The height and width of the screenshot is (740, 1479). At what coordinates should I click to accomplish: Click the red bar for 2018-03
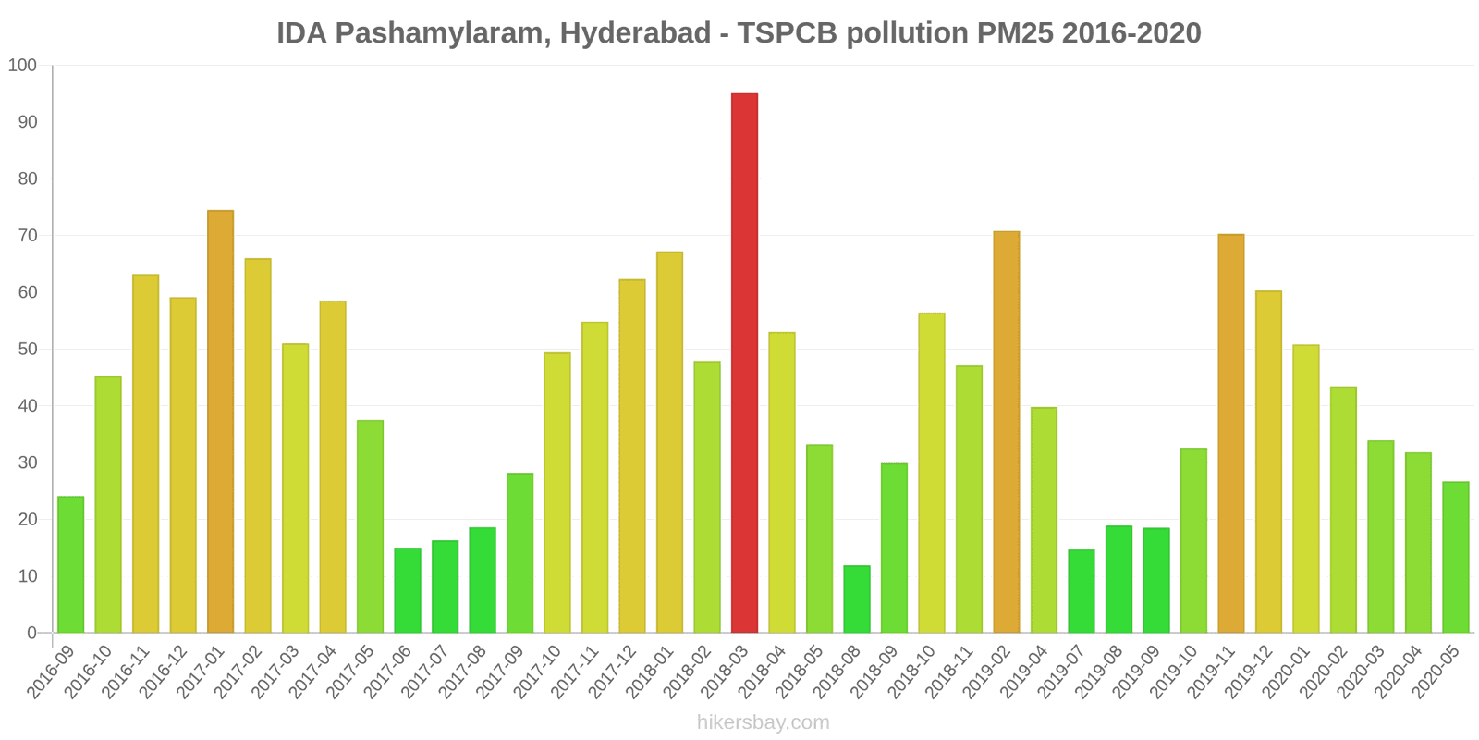[744, 363]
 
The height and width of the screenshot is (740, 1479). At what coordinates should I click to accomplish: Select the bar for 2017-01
[220, 422]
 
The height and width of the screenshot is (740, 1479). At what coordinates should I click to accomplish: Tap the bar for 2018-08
[857, 599]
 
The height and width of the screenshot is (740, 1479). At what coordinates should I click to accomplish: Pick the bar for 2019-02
[1007, 432]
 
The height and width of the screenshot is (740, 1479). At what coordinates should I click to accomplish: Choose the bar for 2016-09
[70, 565]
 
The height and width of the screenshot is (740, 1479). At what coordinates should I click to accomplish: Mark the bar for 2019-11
[1231, 434]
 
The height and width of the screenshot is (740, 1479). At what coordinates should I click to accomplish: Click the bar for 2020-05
[1456, 557]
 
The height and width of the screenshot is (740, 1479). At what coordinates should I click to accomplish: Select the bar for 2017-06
[408, 590]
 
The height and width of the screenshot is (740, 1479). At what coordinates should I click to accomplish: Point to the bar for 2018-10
[932, 473]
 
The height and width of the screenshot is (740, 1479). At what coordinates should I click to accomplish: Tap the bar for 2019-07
[1082, 591]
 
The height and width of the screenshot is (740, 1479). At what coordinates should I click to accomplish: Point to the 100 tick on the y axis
[22, 66]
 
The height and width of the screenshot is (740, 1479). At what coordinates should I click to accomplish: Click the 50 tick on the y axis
[27, 350]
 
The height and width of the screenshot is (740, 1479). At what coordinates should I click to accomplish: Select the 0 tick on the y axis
[32, 634]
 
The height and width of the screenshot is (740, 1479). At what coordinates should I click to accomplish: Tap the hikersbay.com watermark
[764, 722]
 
